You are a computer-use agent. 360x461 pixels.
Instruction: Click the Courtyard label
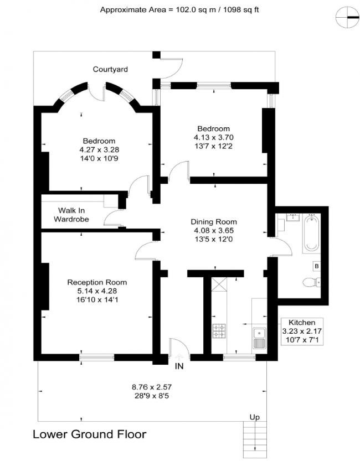tap(110, 69)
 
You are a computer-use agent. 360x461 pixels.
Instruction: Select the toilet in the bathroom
tap(311, 283)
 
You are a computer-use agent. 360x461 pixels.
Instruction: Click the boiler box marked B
tap(316, 266)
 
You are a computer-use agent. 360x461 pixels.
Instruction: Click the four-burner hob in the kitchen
tap(219, 331)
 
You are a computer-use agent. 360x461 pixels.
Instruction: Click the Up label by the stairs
tap(255, 417)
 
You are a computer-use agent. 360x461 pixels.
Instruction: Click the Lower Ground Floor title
tap(90, 434)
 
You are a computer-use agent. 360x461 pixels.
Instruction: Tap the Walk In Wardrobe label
tap(71, 215)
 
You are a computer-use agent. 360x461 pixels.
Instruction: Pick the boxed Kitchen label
tap(302, 322)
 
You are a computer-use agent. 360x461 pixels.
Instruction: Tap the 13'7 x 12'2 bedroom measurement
tap(212, 146)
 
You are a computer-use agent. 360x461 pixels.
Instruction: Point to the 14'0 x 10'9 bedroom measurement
tap(99, 158)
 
